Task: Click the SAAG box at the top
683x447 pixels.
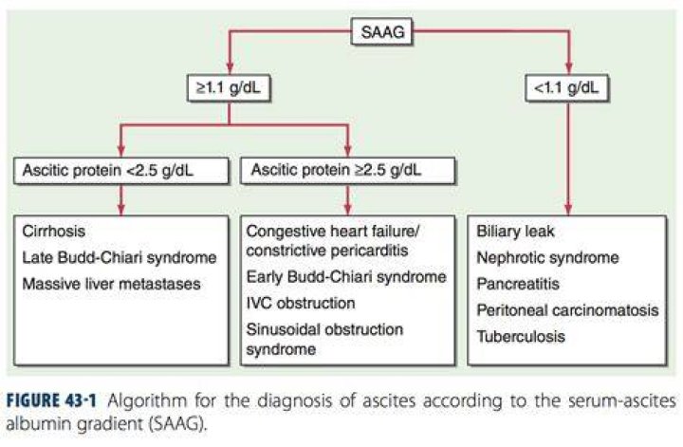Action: click(x=381, y=31)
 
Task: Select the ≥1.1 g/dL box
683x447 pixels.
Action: click(x=229, y=88)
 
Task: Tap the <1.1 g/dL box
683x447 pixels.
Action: click(x=566, y=88)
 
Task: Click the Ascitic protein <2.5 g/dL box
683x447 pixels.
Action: click(x=121, y=170)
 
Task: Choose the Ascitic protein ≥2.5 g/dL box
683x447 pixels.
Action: click(x=347, y=170)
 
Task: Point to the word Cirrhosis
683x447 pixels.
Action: click(x=53, y=231)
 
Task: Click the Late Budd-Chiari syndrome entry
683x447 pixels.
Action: click(x=120, y=257)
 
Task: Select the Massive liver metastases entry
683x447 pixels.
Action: click(x=112, y=284)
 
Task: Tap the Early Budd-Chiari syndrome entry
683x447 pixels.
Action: click(x=346, y=277)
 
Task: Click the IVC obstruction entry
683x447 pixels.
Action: click(x=301, y=303)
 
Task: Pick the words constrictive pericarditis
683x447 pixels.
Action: click(x=327, y=251)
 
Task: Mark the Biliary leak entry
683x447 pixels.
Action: click(x=515, y=231)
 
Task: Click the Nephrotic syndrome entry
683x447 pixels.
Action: click(x=547, y=257)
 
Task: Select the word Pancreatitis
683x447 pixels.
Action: click(x=518, y=284)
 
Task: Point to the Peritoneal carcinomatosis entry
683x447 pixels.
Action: click(x=567, y=310)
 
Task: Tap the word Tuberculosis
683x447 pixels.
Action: click(x=521, y=336)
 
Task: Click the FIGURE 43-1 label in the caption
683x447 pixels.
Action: click(x=51, y=400)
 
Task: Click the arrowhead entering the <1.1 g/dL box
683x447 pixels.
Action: click(x=568, y=69)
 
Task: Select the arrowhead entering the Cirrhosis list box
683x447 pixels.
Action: click(x=121, y=209)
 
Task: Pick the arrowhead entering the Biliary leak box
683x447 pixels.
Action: click(x=568, y=209)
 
